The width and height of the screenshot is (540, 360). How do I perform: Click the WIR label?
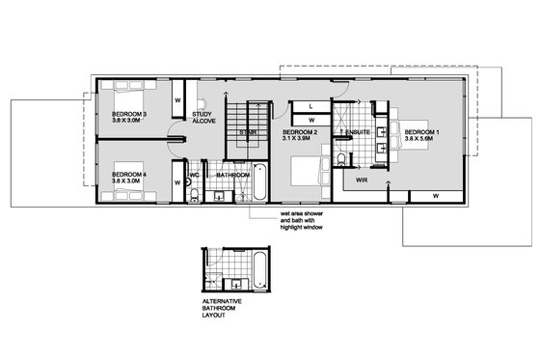(x=362, y=180)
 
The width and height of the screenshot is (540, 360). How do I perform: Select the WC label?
(x=194, y=176)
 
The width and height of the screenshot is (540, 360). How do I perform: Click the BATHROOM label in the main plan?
(x=232, y=176)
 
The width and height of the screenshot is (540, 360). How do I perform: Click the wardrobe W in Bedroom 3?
(x=178, y=99)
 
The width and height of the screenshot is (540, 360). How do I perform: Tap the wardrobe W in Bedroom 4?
(x=178, y=181)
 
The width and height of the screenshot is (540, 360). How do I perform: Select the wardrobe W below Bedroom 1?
(x=435, y=196)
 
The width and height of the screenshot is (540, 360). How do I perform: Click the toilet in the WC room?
(x=194, y=196)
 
